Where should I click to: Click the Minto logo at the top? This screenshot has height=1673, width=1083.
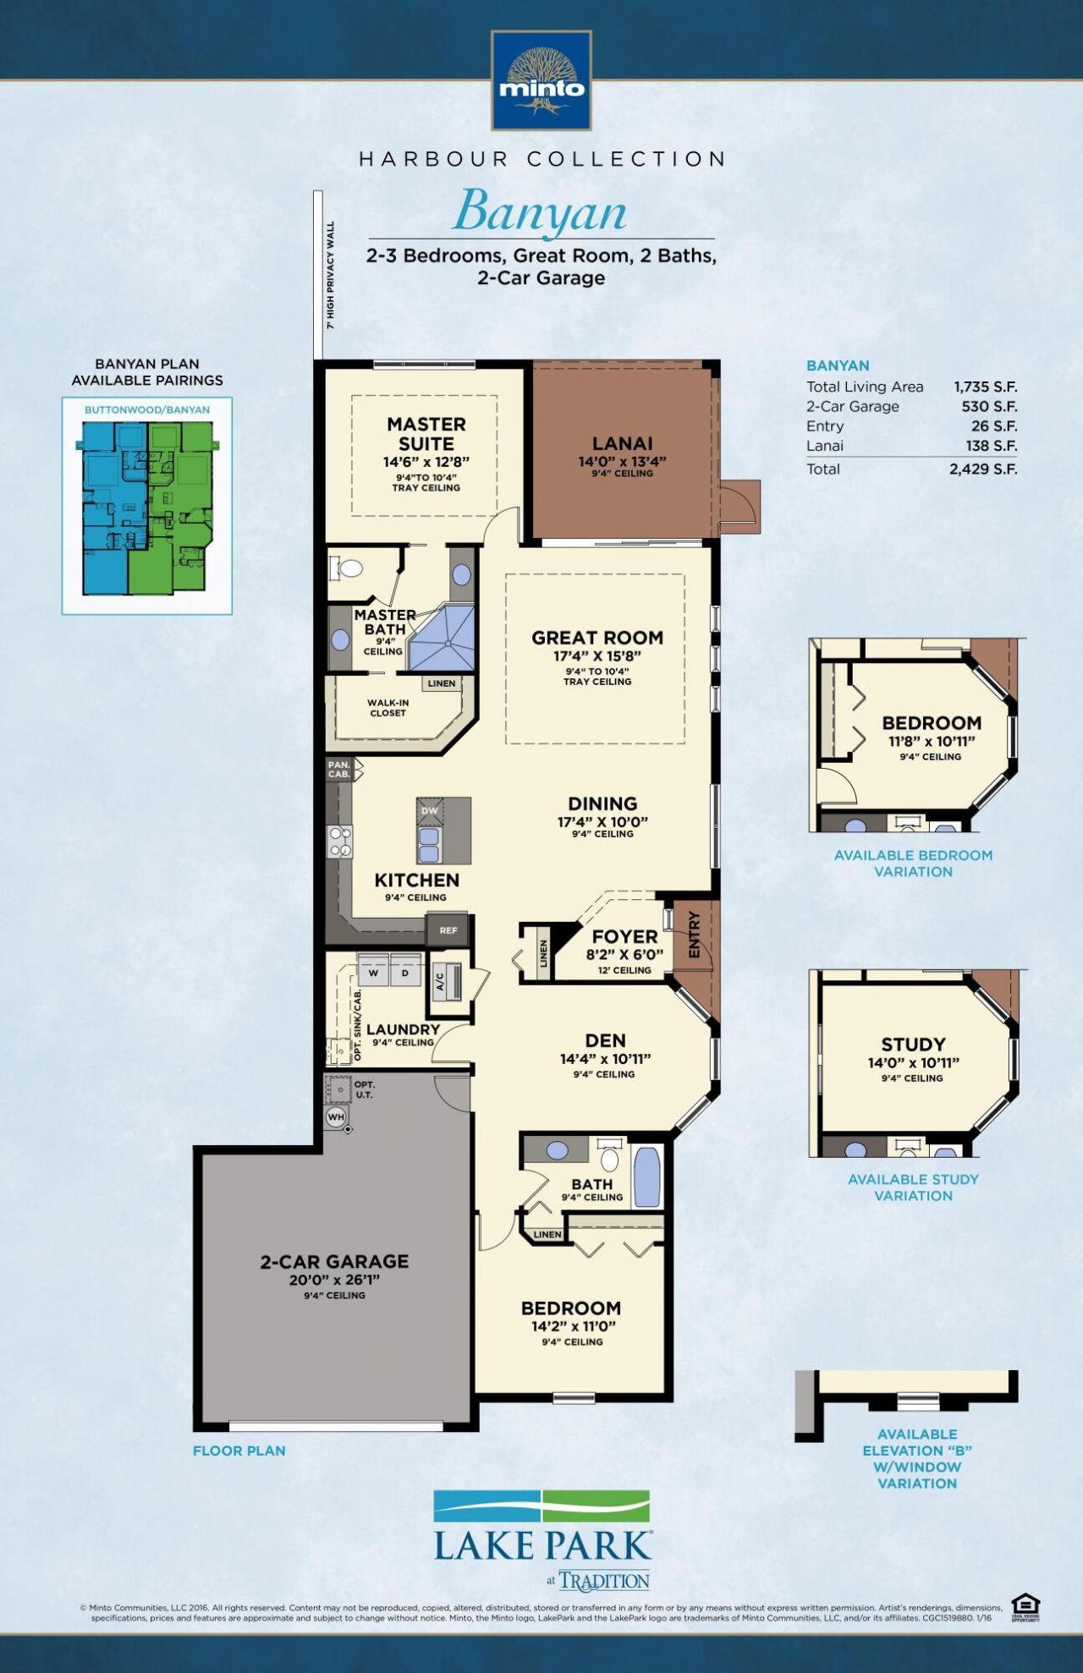(541, 81)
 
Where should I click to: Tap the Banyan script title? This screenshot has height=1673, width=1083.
(541, 211)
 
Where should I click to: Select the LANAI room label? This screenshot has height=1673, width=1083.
(622, 443)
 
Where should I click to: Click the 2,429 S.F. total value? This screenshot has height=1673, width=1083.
(982, 469)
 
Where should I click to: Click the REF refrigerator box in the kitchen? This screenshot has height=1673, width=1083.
(448, 930)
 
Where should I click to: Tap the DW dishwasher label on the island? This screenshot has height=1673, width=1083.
(430, 810)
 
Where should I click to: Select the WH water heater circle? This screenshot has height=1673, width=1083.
(336, 1116)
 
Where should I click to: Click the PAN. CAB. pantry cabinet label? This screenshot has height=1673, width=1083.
(339, 769)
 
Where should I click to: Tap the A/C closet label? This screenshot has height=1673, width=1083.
(441, 981)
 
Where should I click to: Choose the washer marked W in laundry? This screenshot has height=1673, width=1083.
(373, 973)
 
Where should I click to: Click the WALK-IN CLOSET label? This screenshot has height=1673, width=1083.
(388, 707)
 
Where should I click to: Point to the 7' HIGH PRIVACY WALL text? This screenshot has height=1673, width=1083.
(331, 275)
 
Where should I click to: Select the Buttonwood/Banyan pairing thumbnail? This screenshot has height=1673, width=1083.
(147, 507)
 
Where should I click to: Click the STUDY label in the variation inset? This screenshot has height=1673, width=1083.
(913, 1045)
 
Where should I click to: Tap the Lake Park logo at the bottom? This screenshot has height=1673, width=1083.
(541, 1539)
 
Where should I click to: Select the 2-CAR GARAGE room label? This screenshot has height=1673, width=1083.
(334, 1261)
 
